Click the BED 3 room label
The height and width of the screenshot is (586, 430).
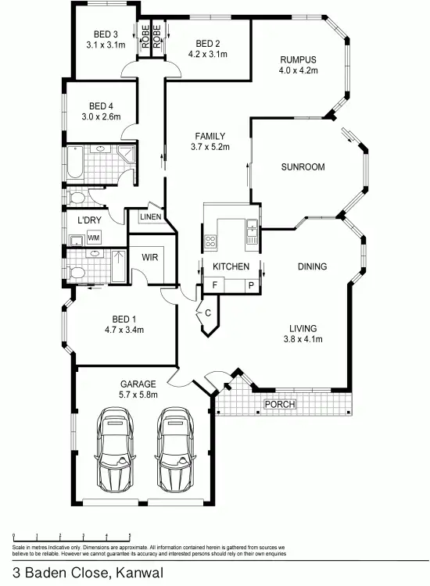(106, 34)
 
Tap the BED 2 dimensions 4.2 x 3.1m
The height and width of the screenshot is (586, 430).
(207, 54)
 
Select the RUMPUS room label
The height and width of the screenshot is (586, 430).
(299, 59)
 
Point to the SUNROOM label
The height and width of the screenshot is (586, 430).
(303, 167)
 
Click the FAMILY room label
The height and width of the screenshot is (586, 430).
(210, 136)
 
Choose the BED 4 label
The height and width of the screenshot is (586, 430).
(102, 106)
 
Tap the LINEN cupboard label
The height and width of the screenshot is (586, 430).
(150, 216)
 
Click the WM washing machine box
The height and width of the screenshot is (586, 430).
(94, 238)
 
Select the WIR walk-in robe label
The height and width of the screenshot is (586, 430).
(150, 256)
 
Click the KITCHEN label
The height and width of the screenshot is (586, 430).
(231, 267)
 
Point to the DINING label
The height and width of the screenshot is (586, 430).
(312, 267)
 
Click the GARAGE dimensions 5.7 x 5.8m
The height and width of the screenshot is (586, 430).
(138, 395)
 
